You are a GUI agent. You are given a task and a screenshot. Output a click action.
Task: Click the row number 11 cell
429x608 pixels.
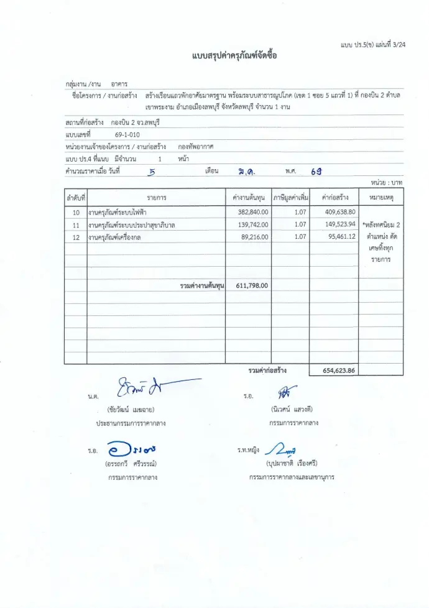tap(76, 224)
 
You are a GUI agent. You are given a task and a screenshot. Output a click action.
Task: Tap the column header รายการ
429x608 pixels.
tap(156, 198)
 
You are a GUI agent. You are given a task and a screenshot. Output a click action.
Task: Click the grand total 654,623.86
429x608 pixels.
tap(339, 370)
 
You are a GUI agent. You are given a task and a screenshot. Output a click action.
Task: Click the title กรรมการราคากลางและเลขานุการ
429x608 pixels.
tap(292, 477)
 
